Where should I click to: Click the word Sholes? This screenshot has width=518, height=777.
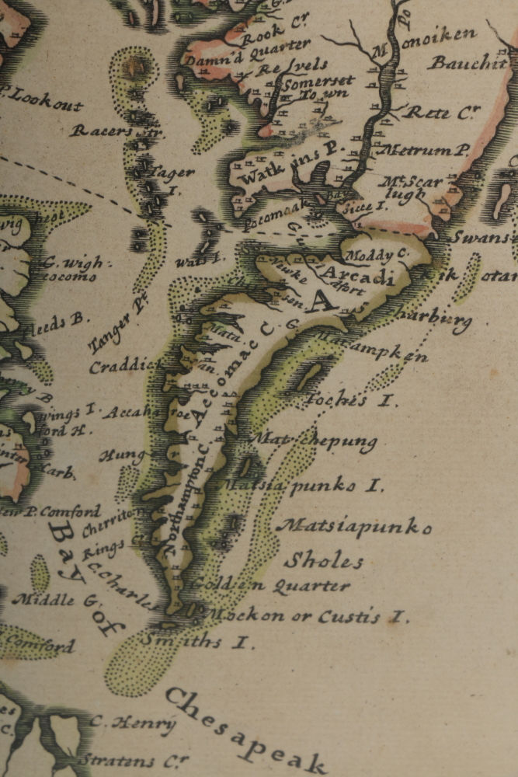click(324, 560)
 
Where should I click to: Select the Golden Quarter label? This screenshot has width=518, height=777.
click(269, 584)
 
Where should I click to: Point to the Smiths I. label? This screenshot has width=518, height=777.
click(198, 641)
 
